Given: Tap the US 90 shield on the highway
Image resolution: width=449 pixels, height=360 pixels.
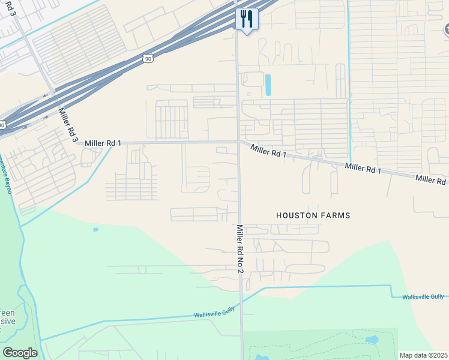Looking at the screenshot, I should (148, 58).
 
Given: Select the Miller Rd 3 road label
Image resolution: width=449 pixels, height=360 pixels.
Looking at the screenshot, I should (68, 125).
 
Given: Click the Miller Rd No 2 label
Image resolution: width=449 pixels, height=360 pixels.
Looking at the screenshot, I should (240, 249).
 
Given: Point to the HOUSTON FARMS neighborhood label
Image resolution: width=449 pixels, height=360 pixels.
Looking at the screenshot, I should (313, 215).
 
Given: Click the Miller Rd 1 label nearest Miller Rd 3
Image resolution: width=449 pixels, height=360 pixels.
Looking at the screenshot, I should (103, 143).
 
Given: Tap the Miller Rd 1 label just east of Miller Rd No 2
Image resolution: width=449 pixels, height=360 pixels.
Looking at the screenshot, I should (268, 151).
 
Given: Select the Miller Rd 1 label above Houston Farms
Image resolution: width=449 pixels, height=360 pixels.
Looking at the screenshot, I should (363, 168).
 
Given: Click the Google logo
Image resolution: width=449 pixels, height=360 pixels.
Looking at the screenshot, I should (20, 353).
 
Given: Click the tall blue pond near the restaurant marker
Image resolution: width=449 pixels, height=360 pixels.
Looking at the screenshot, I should (268, 85).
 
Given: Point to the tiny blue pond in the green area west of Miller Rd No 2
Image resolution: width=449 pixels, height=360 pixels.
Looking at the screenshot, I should (95, 229).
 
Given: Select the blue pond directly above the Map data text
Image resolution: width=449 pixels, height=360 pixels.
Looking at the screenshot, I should (372, 339).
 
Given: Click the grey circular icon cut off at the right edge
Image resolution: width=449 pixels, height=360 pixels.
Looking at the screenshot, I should (447, 29).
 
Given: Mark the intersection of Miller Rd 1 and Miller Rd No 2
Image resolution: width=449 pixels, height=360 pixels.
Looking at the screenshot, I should (238, 142).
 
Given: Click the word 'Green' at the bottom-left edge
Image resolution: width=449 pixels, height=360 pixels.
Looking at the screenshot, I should (7, 313).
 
